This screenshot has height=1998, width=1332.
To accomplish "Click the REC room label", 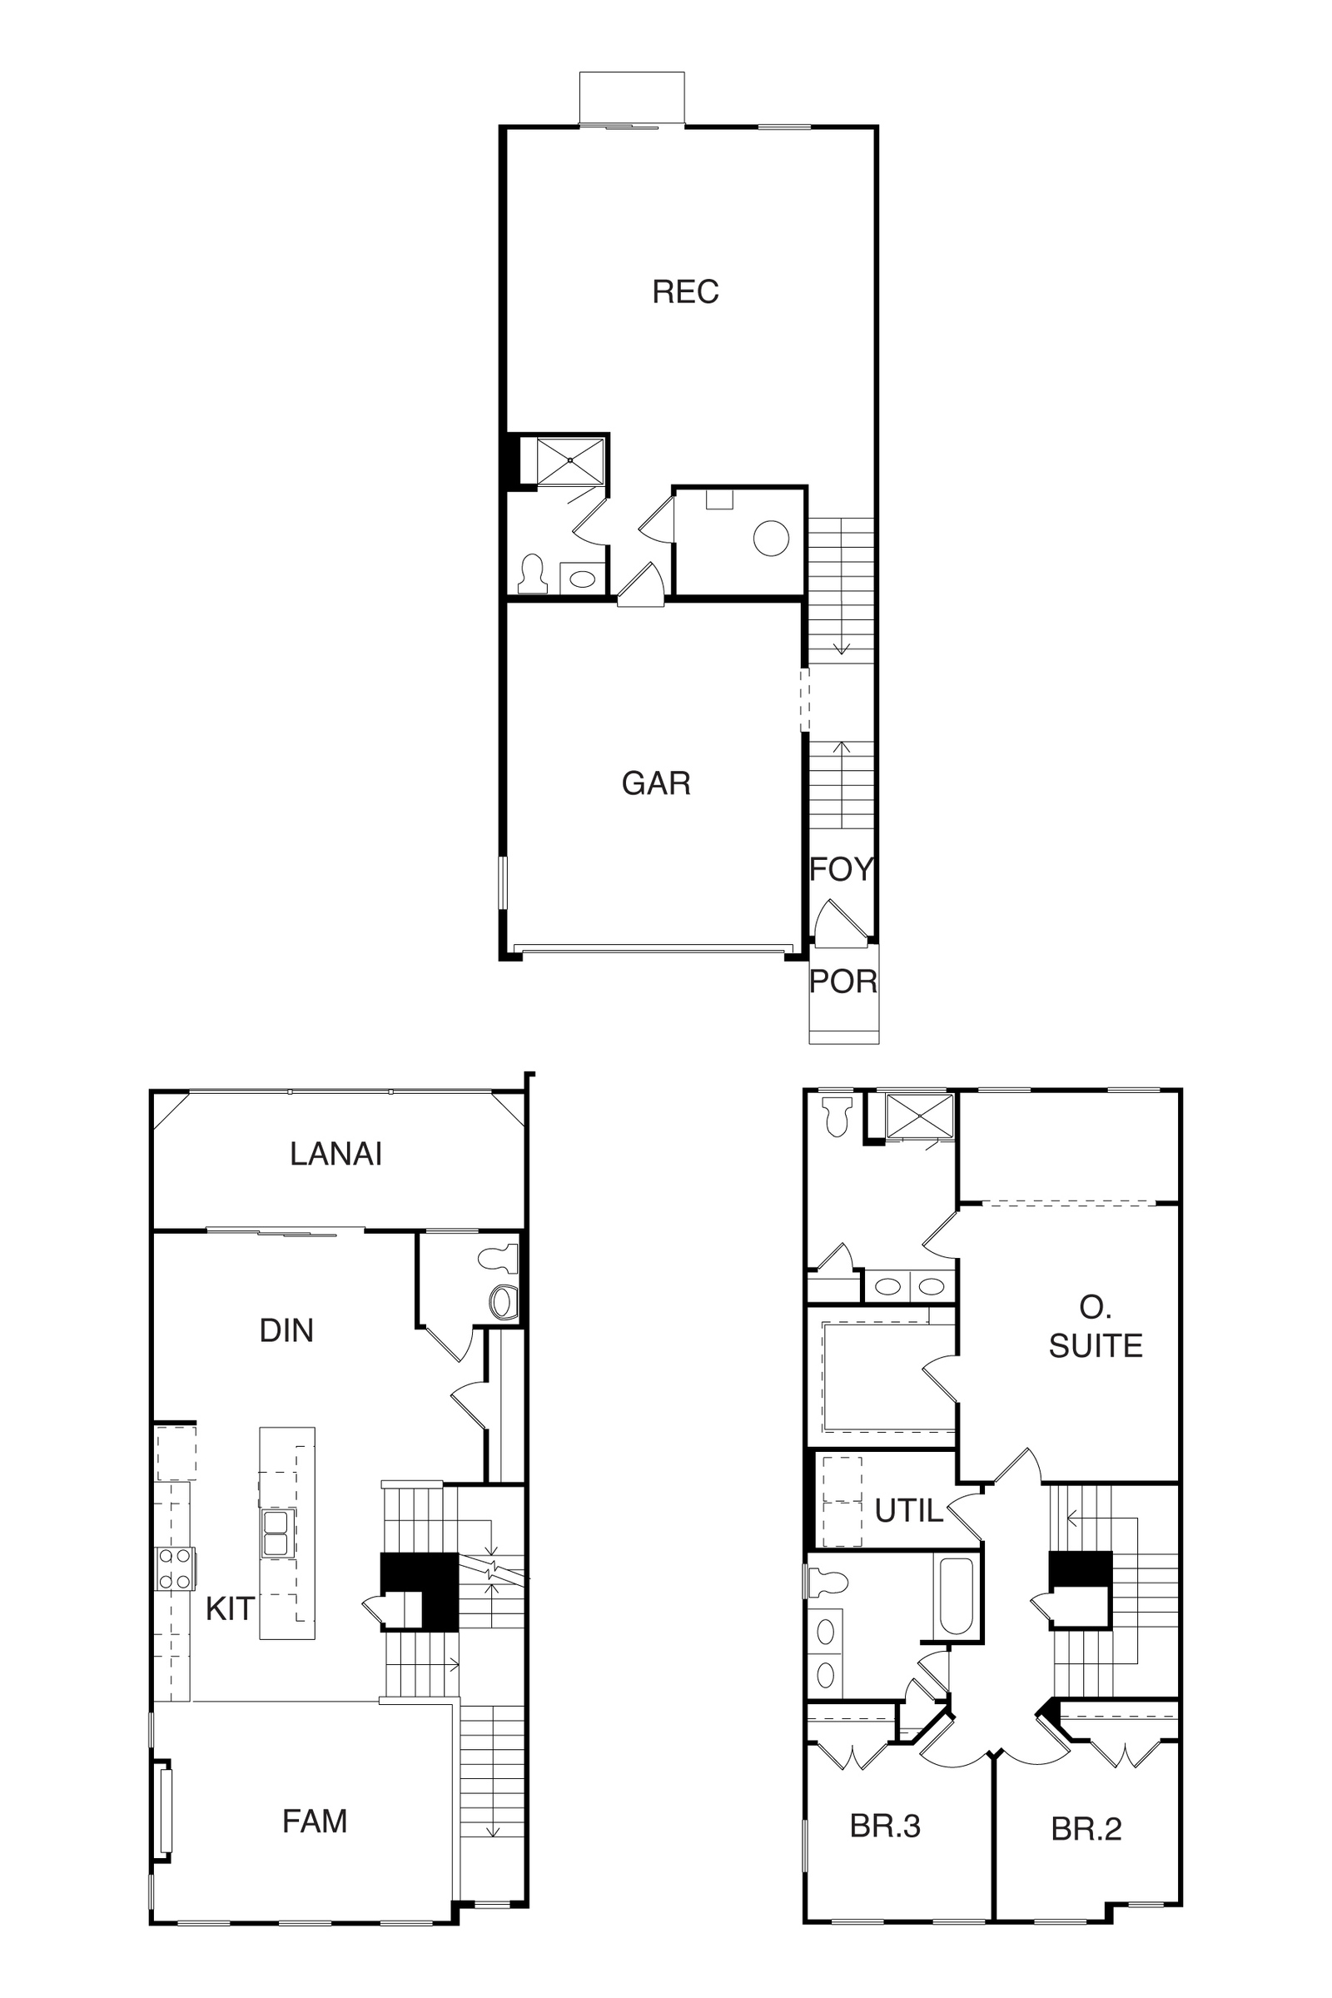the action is (x=685, y=291).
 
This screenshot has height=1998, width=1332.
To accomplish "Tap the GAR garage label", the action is (x=656, y=783).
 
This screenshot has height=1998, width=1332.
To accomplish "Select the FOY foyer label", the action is (x=841, y=869).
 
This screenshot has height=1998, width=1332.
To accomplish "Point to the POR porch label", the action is (x=842, y=982).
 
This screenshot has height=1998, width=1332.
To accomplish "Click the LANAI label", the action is (x=335, y=1154).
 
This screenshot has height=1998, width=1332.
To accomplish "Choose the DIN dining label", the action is (x=286, y=1330).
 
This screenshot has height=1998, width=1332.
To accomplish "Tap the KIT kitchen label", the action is (x=230, y=1609).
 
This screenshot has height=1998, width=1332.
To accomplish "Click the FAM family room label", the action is (x=315, y=1822).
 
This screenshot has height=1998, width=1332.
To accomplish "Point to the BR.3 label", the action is (x=885, y=1827).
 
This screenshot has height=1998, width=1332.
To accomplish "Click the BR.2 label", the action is (x=1086, y=1829).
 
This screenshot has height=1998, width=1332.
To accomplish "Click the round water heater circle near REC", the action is (x=772, y=538).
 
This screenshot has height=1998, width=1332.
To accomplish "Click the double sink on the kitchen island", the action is (x=279, y=1533).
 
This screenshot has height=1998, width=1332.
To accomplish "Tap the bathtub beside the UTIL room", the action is (x=957, y=1596).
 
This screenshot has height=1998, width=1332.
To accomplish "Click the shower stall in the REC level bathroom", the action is (x=570, y=461).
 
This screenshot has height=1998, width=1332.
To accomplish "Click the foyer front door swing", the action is (x=838, y=922).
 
